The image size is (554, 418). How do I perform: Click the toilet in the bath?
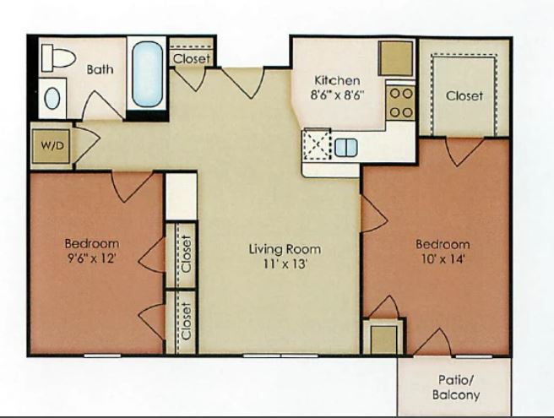coord(58,58)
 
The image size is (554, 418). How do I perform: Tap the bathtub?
coord(147,74)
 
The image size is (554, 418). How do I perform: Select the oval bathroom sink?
coord(52,99)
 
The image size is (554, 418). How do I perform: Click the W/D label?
coord(52,145)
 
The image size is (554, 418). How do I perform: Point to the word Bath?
coord(100,69)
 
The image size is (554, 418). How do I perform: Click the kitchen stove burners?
coord(401,103)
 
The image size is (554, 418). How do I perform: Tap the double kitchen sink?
coord(345,147)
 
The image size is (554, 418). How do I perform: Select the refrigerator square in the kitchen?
coord(396,58)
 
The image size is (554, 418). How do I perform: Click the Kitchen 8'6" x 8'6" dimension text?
coord(337,88)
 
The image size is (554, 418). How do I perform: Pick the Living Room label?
coord(285,249)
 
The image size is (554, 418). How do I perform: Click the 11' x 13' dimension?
coord(285,264)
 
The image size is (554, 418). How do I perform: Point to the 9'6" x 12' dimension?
coord(92,258)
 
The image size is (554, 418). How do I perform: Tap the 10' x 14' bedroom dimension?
coord(443,260)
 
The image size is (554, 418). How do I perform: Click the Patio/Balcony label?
coord(456,388)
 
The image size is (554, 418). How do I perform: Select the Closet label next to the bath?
coord(192,58)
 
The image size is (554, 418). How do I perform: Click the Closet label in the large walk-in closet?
coord(464,95)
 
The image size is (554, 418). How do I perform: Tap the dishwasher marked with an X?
coord(317,144)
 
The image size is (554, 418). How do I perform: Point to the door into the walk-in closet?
coord(464,151)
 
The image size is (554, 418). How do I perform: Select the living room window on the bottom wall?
coord(280,356)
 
